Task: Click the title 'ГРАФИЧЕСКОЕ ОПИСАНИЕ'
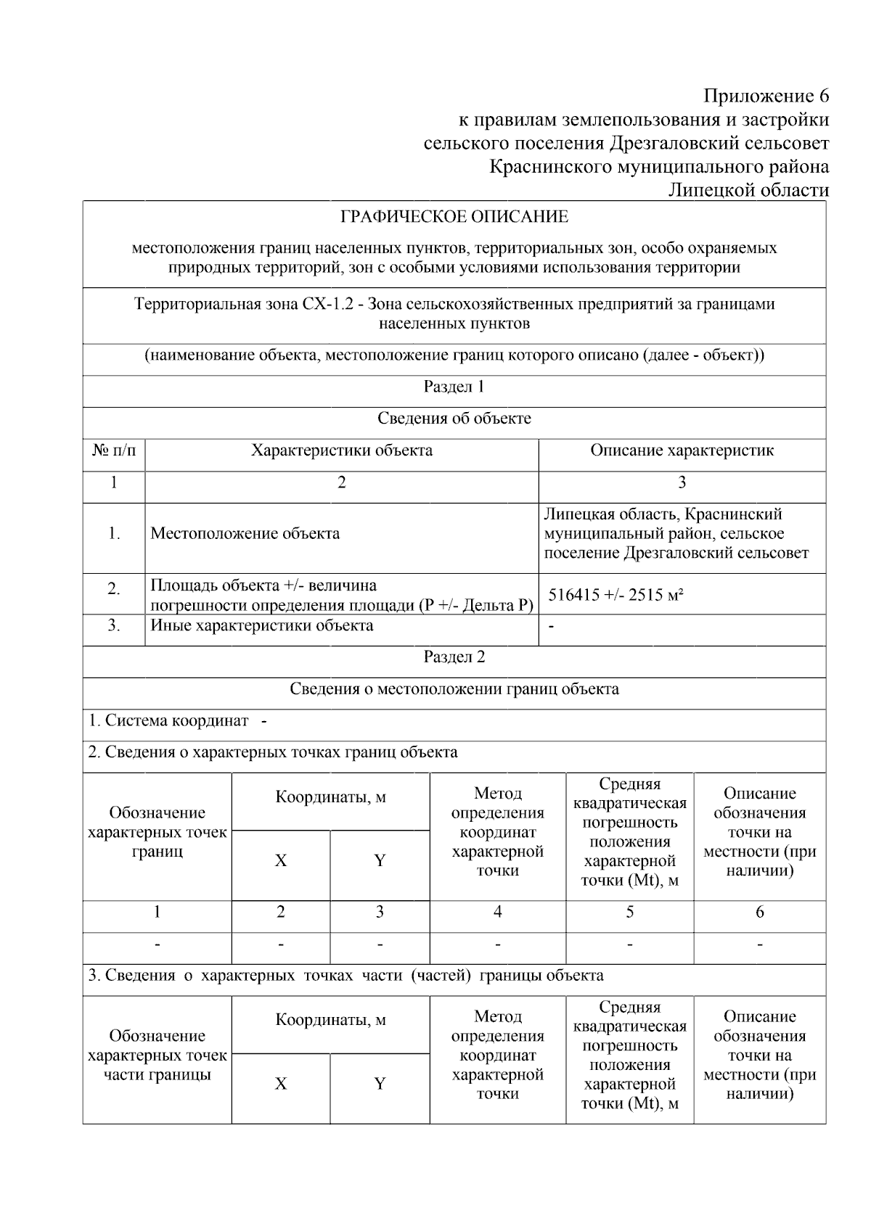[x=454, y=217]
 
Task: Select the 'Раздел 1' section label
[x=454, y=387]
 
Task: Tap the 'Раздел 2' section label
[x=454, y=657]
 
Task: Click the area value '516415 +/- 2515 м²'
[x=616, y=596]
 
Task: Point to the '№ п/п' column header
[x=114, y=450]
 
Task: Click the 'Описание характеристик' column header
[x=682, y=450]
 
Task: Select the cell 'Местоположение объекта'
[x=245, y=534]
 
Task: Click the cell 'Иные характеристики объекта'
[x=261, y=625]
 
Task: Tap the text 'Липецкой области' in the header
[x=748, y=190]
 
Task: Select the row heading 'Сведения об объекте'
[x=454, y=419]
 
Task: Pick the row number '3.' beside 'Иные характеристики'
[x=114, y=625]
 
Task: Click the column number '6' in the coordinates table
[x=759, y=913]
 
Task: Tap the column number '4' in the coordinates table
[x=497, y=913]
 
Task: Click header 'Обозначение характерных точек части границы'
[x=158, y=1055]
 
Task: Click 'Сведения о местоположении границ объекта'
[x=454, y=689]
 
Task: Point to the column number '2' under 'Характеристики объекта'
[x=341, y=482]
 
